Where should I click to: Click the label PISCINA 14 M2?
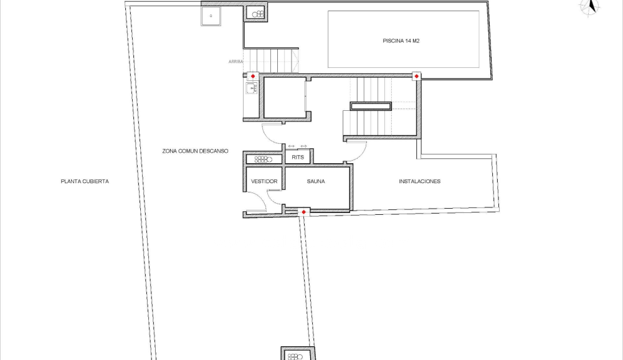(x=404, y=41)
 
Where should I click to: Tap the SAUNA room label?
(x=316, y=181)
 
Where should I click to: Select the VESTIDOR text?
(x=264, y=181)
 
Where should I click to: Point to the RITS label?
(x=298, y=158)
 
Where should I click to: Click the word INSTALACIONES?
(x=419, y=181)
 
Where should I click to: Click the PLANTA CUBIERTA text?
(x=85, y=181)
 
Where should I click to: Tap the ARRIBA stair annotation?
(x=235, y=62)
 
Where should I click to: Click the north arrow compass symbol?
(x=589, y=6)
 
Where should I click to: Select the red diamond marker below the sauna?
(x=303, y=212)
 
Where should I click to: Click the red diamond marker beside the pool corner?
(x=416, y=76)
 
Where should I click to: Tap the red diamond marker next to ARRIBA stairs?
(x=252, y=76)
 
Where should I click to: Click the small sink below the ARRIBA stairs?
(x=252, y=88)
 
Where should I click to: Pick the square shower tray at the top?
(x=211, y=15)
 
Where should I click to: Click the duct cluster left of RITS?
(x=264, y=159)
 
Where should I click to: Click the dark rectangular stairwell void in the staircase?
(x=371, y=106)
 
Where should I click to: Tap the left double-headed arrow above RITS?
(x=291, y=146)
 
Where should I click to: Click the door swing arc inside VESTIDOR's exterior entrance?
(x=257, y=202)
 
